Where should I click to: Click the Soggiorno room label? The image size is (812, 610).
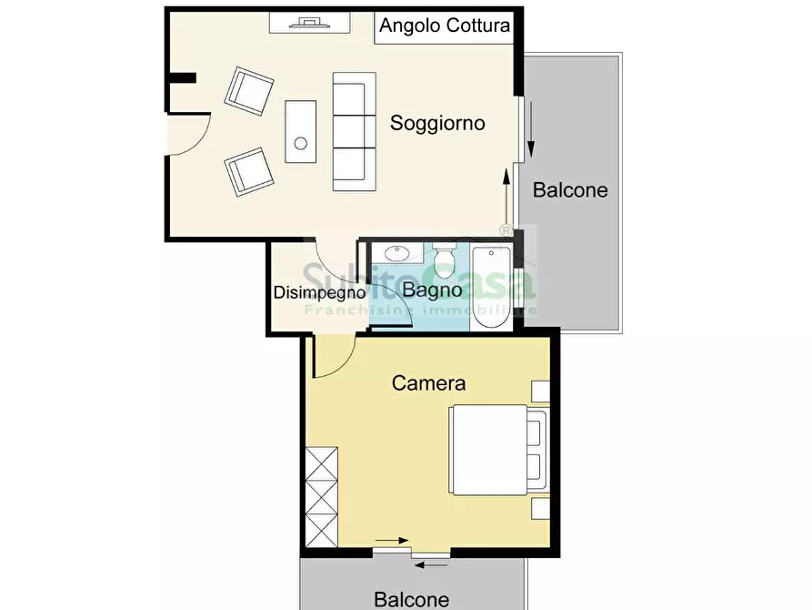click(x=437, y=123)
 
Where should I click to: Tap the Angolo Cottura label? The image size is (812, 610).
click(x=445, y=25)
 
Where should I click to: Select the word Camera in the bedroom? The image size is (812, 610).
click(x=428, y=383)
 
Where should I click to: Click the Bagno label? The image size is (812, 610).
click(x=432, y=291)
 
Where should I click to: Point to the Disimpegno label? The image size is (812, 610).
click(x=320, y=293)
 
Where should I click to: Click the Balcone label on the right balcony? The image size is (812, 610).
click(x=570, y=190)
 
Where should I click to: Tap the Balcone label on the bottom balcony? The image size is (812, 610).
click(x=411, y=599)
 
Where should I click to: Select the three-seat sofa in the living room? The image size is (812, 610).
click(x=354, y=131)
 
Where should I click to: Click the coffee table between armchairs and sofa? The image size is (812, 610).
click(x=300, y=130)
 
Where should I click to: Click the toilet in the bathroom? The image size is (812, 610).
click(x=445, y=261)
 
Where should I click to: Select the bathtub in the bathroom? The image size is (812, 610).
click(x=492, y=286)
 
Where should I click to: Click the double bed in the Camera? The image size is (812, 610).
click(x=498, y=451)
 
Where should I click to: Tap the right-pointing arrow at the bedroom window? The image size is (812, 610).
click(x=392, y=541)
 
